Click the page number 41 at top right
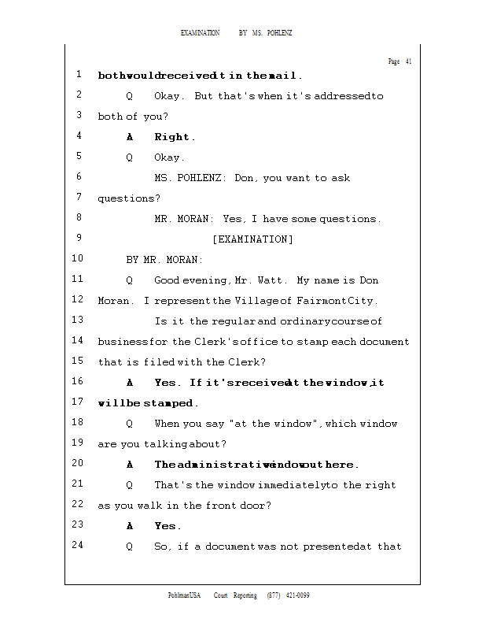click(x=408, y=61)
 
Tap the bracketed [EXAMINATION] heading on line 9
click(x=252, y=239)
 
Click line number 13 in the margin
click(x=78, y=320)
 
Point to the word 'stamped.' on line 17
click(x=169, y=403)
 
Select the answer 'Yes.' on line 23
click(x=168, y=526)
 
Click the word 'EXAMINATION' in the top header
click(x=201, y=33)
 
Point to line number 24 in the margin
click(x=78, y=545)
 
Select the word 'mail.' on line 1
click(x=285, y=76)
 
